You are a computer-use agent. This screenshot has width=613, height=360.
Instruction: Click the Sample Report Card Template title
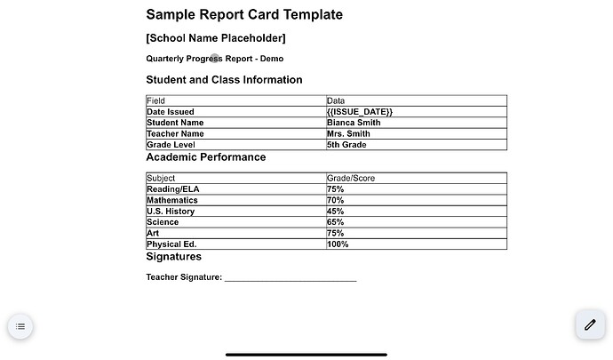click(244, 15)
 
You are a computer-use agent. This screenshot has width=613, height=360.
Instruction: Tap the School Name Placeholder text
click(216, 38)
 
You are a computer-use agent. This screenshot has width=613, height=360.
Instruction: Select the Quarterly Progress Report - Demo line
click(215, 59)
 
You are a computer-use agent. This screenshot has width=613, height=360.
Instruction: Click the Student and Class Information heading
click(224, 80)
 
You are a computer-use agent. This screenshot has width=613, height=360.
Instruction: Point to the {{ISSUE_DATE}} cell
click(360, 112)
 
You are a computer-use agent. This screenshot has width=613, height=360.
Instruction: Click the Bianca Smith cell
click(354, 123)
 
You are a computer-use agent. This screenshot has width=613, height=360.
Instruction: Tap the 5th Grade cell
click(346, 145)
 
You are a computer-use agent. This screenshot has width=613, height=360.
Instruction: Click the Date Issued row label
click(170, 112)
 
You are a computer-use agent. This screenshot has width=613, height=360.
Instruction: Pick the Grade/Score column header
click(351, 179)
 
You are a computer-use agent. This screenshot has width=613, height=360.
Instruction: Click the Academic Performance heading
click(205, 157)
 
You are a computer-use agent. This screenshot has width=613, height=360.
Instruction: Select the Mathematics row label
click(172, 201)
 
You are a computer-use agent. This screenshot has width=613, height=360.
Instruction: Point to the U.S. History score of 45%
click(336, 212)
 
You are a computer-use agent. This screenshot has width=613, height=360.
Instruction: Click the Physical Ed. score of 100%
click(338, 244)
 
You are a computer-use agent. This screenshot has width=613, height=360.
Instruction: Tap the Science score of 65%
click(336, 222)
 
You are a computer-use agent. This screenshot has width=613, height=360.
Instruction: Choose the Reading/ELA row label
click(172, 189)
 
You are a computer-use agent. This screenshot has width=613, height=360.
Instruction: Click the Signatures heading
click(173, 257)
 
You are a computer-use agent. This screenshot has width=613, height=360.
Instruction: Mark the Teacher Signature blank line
click(291, 278)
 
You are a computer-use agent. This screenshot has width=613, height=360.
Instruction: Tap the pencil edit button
click(589, 325)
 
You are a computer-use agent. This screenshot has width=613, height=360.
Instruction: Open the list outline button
click(20, 327)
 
